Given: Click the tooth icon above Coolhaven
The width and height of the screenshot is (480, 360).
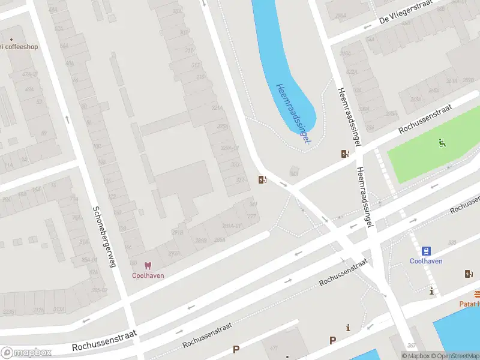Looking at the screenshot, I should pyautogui.click(x=148, y=265).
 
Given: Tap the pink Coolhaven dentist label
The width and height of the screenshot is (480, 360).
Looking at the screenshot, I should pyautogui.click(x=148, y=275).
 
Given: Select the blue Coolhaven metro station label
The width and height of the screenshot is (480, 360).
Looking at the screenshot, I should pyautogui.click(x=426, y=261).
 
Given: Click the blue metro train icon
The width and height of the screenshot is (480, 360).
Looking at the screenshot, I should pyautogui.click(x=426, y=251).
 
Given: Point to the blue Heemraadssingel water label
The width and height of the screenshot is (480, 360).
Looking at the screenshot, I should pyautogui.click(x=293, y=112).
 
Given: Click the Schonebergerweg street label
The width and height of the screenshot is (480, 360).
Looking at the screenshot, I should pyautogui.click(x=103, y=236).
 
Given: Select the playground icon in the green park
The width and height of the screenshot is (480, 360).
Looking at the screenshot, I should pyautogui.click(x=442, y=143).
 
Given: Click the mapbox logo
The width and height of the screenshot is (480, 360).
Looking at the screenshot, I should pyautogui.click(x=26, y=352).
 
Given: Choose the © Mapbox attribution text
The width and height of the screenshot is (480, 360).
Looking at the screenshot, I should pyautogui.click(x=415, y=356).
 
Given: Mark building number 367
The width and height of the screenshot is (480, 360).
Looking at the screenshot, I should pyautogui.click(x=411, y=345).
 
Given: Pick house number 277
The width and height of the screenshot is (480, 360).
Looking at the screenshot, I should pyautogui.click(x=251, y=216).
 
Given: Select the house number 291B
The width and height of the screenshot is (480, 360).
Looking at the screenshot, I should pyautogui.click(x=177, y=232).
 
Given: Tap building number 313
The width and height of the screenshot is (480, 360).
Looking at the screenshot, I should pyautogui.click(x=195, y=65).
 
